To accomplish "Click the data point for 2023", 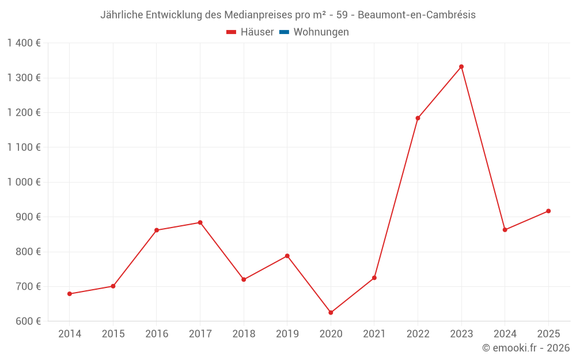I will (x=461, y=67).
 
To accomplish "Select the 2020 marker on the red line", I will (x=331, y=313).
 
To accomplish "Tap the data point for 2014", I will (x=70, y=294).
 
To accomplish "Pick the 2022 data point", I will (x=418, y=118).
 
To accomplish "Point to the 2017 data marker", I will (x=200, y=222).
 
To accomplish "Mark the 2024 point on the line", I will (x=505, y=230).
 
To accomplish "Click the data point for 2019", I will (x=287, y=256).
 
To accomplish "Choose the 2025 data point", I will (x=548, y=211).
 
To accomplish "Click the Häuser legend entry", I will (x=250, y=32).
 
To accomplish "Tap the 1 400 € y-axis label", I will (x=24, y=43).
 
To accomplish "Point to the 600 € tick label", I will (x=28, y=321).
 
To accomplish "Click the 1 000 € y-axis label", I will (x=24, y=182).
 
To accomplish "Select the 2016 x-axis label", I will (x=157, y=334).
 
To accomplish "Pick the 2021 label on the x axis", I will (x=374, y=334).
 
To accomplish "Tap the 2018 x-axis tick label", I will (x=244, y=334).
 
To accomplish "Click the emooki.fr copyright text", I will (x=526, y=348).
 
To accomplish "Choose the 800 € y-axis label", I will (x=28, y=252).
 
